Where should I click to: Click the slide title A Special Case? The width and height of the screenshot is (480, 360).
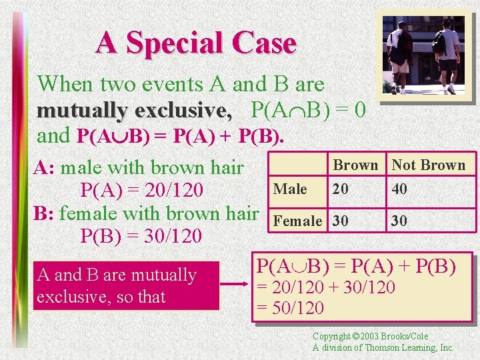(195, 44)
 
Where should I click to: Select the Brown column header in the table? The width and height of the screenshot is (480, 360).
(355, 165)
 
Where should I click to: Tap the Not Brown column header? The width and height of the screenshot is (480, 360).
(428, 165)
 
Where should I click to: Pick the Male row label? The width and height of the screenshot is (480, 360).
(290, 189)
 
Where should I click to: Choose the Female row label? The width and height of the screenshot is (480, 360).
(298, 221)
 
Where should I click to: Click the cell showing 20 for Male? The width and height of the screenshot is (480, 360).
(340, 189)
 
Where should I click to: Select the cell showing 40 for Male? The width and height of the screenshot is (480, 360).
(399, 189)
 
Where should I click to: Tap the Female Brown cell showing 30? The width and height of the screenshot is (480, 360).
(340, 221)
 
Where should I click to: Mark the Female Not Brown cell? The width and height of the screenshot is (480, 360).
(399, 221)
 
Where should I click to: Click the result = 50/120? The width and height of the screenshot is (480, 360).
(291, 308)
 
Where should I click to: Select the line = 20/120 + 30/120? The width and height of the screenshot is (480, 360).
(326, 288)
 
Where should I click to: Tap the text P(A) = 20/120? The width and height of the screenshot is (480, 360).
(141, 191)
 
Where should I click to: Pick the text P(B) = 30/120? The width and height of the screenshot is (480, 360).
(141, 236)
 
